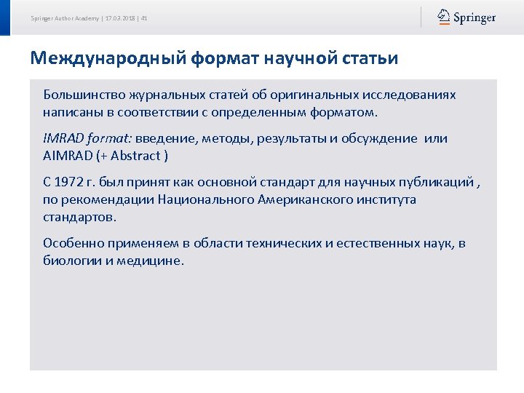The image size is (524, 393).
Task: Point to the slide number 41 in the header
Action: pyautogui.click(x=144, y=18)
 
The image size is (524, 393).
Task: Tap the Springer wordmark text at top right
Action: pyautogui.click(x=475, y=17)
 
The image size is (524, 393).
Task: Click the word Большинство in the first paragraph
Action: pyautogui.click(x=83, y=95)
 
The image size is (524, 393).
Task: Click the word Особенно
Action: pyautogui.click(x=71, y=243)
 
